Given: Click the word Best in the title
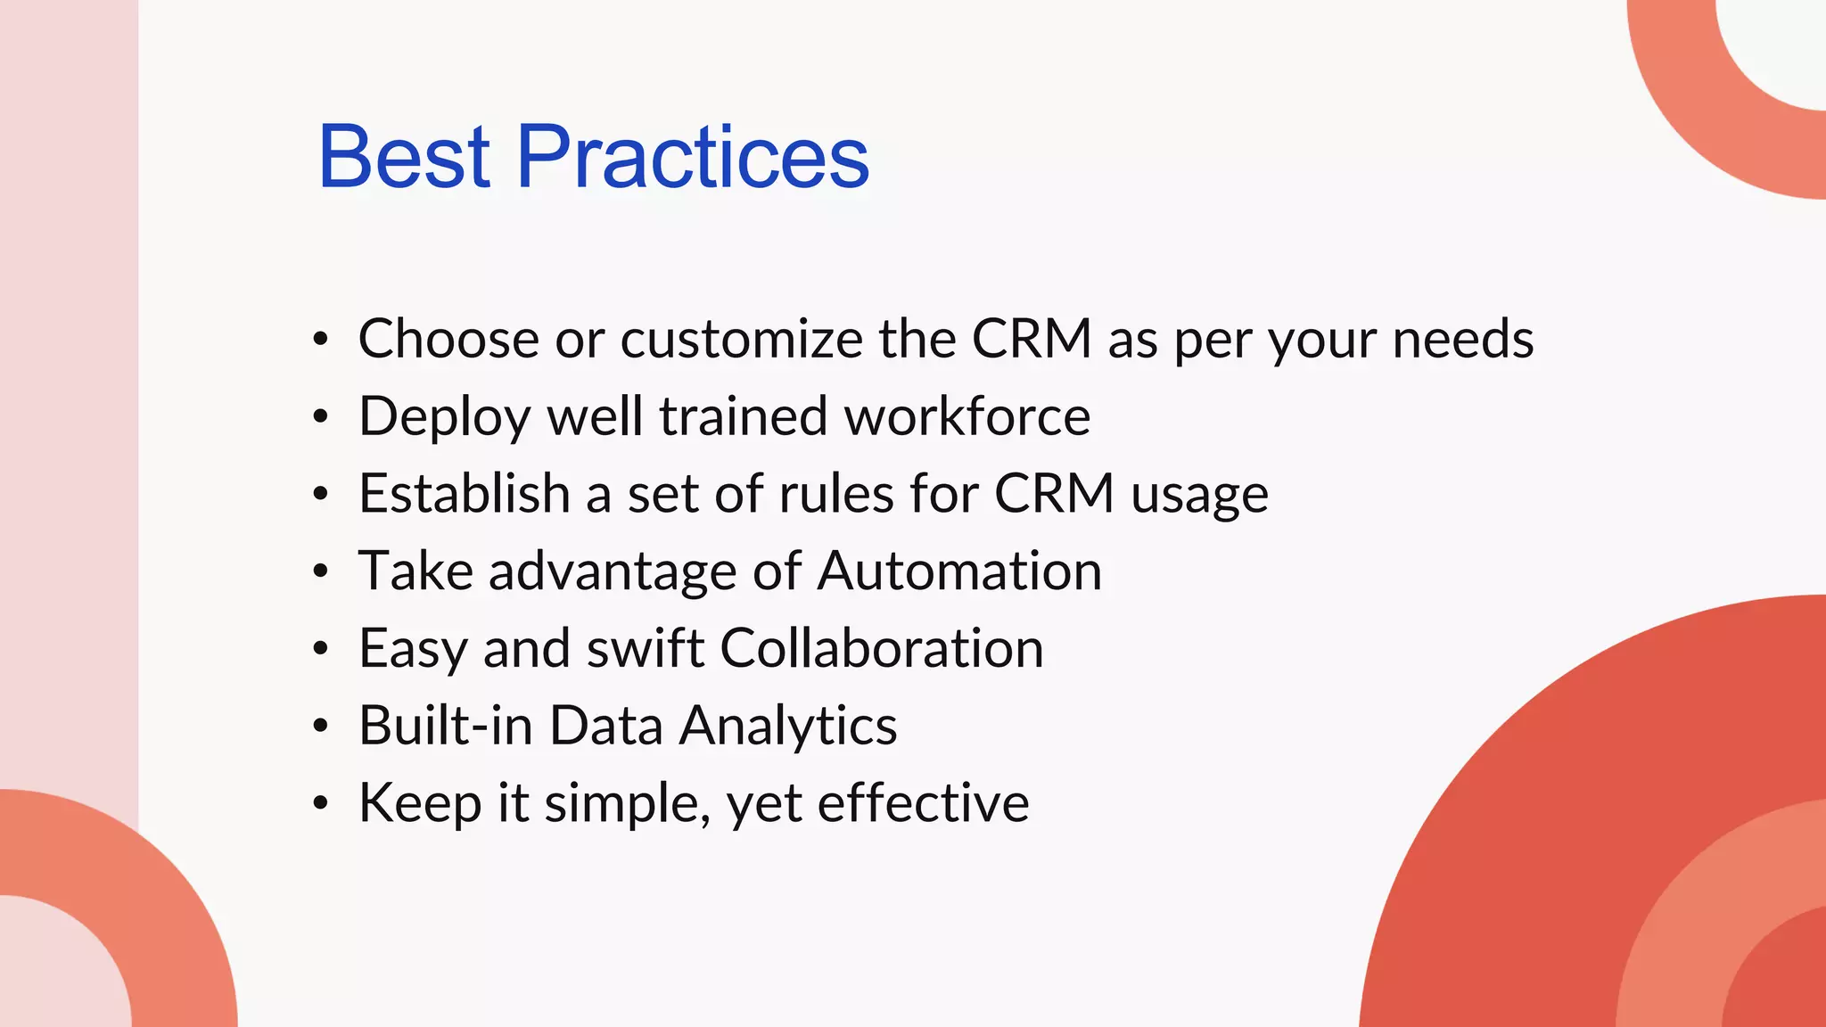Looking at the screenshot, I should (x=404, y=158).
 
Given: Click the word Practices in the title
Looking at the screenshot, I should (x=692, y=158).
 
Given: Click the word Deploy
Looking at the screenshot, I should (x=444, y=417).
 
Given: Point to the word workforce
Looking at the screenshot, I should (x=966, y=416).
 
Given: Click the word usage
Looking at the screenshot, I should (x=1199, y=496).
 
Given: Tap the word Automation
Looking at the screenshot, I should (x=959, y=571).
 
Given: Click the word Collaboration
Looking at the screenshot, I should (x=881, y=648).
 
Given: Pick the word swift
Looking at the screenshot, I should (x=646, y=648).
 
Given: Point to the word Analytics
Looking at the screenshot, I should (x=788, y=727).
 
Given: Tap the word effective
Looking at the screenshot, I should (x=923, y=802).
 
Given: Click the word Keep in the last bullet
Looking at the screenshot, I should (x=420, y=804).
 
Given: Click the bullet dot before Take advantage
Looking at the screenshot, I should (x=321, y=571).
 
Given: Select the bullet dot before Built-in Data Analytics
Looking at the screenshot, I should (x=321, y=727).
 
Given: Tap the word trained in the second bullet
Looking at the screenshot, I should (x=744, y=416).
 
